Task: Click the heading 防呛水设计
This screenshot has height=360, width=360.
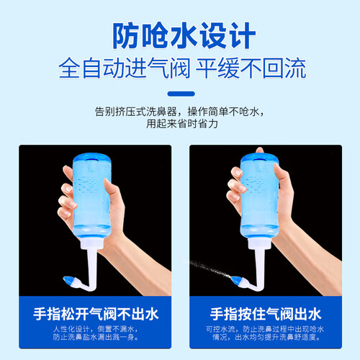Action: click(x=184, y=35)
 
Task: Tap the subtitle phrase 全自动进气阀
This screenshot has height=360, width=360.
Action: click(x=124, y=68)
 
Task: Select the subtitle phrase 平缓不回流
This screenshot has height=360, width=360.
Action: click(x=251, y=68)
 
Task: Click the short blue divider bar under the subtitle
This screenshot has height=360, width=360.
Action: click(x=181, y=94)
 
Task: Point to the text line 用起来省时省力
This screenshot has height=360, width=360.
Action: click(x=182, y=124)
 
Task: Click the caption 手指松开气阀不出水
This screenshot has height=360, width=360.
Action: click(x=96, y=314)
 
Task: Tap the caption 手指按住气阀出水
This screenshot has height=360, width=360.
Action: click(x=266, y=314)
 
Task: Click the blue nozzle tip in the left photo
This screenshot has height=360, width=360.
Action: click(x=68, y=280)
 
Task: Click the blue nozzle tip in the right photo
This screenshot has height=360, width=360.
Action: click(x=236, y=280)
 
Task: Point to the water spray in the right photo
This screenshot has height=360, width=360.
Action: click(x=210, y=269)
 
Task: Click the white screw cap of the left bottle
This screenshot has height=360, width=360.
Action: click(x=91, y=243)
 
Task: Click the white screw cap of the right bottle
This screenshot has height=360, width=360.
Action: click(x=260, y=243)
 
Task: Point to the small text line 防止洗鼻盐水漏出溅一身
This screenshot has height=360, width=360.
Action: click(x=96, y=337)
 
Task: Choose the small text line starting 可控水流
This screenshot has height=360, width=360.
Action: click(x=265, y=329)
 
